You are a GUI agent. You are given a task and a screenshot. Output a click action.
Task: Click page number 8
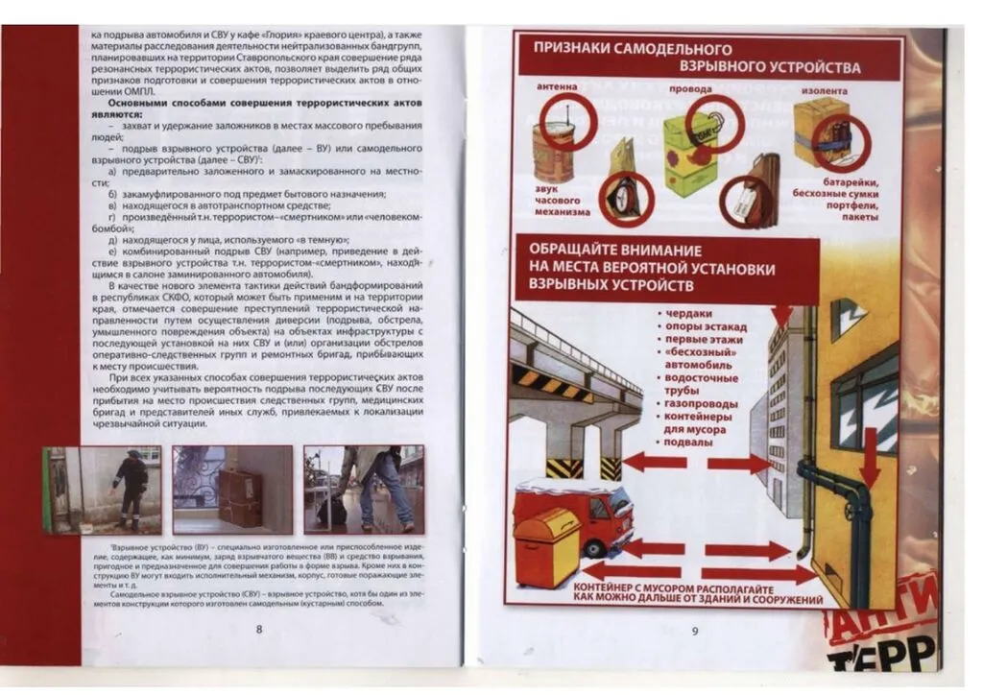259,629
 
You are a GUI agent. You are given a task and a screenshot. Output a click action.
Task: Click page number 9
694,631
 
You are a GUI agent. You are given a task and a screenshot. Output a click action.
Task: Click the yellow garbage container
546,546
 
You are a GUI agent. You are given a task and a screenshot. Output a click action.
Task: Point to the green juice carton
689,156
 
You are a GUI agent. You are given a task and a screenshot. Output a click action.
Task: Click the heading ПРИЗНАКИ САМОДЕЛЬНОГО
633,50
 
